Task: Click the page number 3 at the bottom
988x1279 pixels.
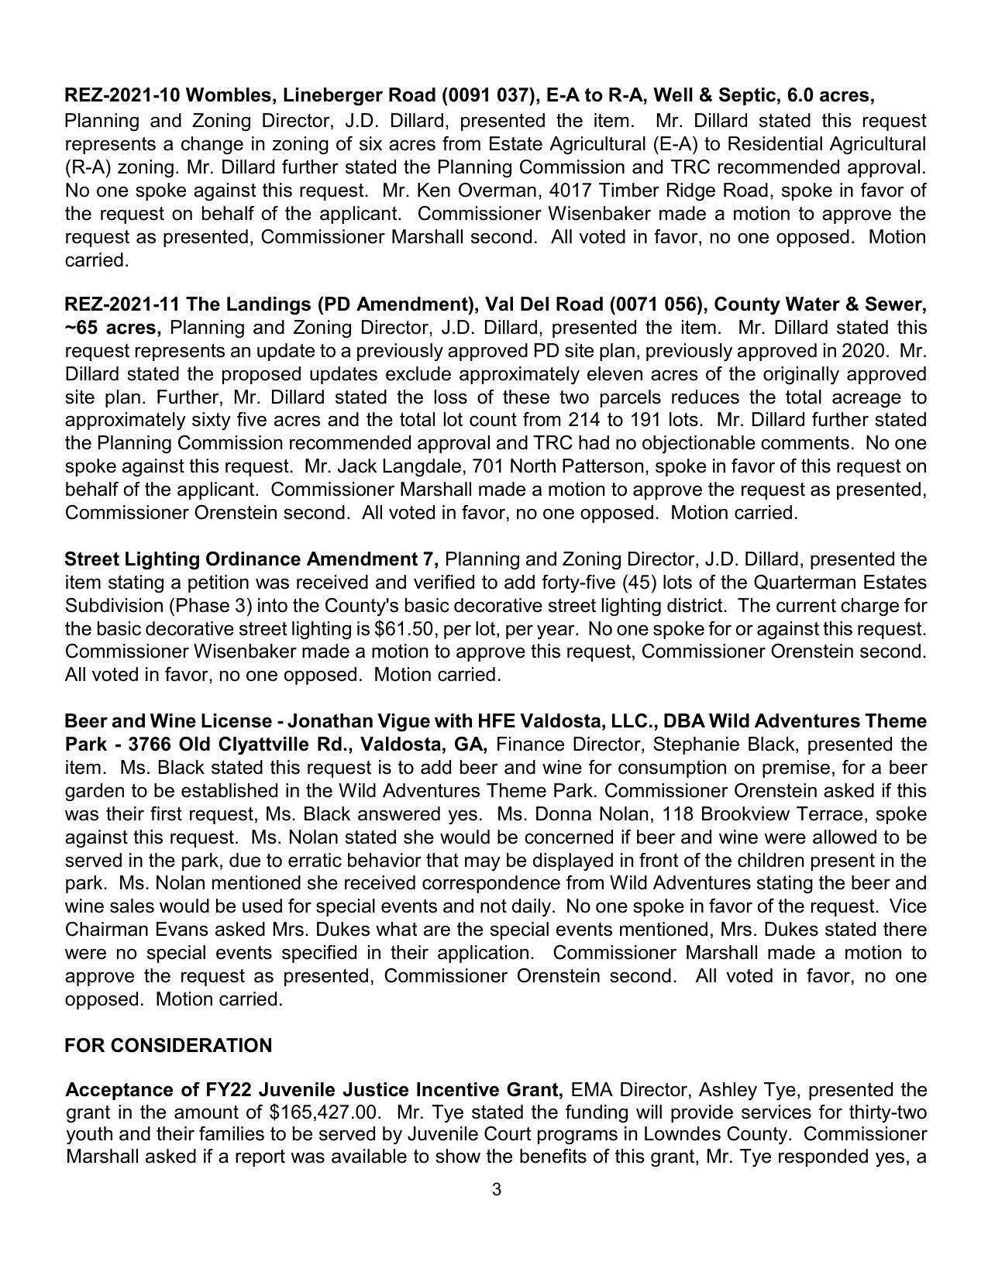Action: pyautogui.click(x=496, y=1189)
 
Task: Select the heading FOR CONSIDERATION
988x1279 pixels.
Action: pyautogui.click(x=168, y=1045)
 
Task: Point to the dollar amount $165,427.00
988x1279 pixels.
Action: pyautogui.click(x=325, y=1112)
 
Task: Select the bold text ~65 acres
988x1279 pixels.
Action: pyautogui.click(x=113, y=328)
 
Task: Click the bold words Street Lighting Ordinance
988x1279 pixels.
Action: pyautogui.click(x=183, y=559)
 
